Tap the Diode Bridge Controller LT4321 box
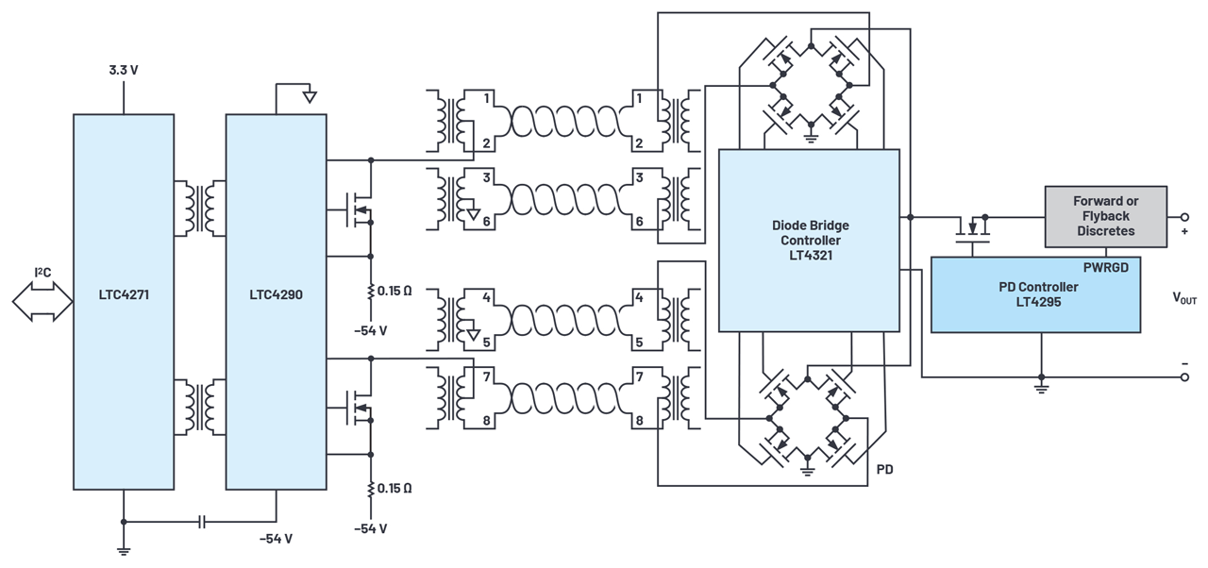tap(808, 241)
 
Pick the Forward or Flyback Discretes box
tap(1105, 216)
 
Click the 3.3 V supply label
tap(123, 71)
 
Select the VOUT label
tap(1183, 298)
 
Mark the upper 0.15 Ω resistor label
tap(394, 291)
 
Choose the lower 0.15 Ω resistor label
tap(394, 488)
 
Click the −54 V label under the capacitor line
tap(276, 539)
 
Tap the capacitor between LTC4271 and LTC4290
tap(201, 521)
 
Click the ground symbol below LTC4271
tap(123, 549)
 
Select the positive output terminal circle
tap(1185, 216)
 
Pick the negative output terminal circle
tap(1185, 377)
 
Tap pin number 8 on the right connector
tap(639, 420)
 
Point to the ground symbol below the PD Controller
tap(1041, 387)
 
